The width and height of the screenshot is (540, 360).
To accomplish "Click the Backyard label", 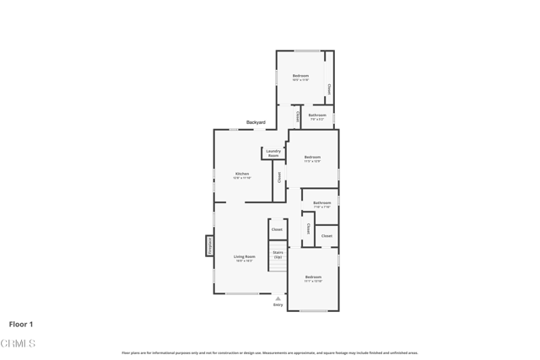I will click(x=256, y=122).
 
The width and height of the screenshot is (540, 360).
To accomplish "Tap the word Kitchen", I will click(x=242, y=174).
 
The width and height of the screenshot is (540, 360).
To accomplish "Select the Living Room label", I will click(x=245, y=256).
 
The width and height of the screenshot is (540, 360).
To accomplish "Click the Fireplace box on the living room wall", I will click(x=209, y=245).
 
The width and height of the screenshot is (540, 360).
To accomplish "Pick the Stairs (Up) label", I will click(x=278, y=254).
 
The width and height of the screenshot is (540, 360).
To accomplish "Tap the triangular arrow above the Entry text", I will click(x=278, y=298).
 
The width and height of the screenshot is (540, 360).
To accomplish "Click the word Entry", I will click(x=278, y=305).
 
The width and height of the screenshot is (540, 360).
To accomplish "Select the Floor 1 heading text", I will click(x=21, y=324).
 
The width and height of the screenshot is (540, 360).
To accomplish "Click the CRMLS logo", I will click(x=18, y=344).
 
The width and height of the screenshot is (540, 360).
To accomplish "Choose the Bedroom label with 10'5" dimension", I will click(x=300, y=76).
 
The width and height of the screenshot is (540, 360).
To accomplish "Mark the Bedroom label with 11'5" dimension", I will click(x=312, y=157).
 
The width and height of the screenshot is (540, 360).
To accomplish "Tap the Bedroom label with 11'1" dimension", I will click(x=313, y=277).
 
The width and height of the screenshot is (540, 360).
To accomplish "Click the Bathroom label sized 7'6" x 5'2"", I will click(x=317, y=115).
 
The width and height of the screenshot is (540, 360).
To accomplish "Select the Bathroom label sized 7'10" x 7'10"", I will click(x=322, y=202).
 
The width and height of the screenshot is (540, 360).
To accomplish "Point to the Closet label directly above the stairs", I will click(x=277, y=229).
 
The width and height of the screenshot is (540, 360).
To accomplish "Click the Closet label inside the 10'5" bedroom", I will click(x=329, y=89).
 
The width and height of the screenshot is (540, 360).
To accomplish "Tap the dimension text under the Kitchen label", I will click(x=242, y=178).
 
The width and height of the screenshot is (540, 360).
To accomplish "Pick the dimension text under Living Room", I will click(x=245, y=261).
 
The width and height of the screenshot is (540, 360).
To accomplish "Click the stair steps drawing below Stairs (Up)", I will click(x=278, y=265).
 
